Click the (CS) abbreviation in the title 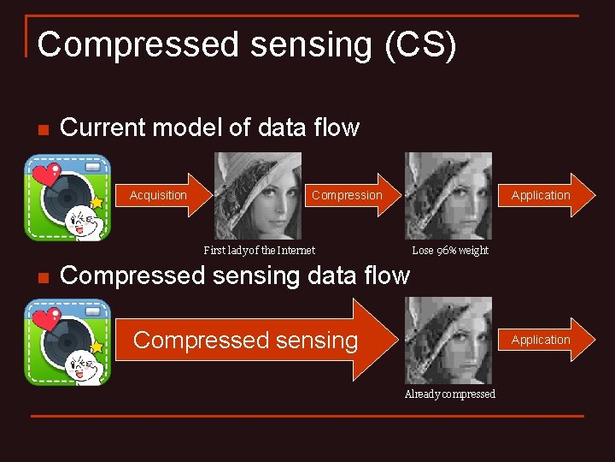420,45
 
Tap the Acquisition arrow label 158,195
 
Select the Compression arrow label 347,195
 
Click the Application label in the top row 541,195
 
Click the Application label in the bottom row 541,340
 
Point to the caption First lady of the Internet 259,251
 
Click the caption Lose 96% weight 450,251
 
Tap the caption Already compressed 449,394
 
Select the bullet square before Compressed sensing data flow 41,277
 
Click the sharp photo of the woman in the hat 257,196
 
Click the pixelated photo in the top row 448,196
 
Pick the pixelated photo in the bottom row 448,341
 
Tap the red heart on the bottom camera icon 44,322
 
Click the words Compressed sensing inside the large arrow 245,341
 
